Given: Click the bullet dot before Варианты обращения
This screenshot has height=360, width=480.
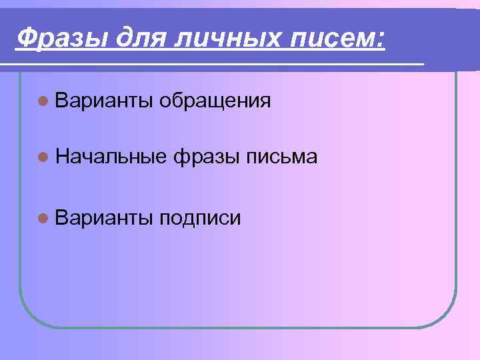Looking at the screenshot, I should [x=43, y=101].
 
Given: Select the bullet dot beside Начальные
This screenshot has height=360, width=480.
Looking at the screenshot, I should [x=43, y=157].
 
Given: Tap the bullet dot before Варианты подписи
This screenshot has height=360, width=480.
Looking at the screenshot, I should [x=43, y=218].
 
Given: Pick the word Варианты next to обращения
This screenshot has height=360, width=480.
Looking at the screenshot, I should [x=105, y=101].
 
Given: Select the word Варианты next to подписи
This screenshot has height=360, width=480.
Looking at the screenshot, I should [x=105, y=218].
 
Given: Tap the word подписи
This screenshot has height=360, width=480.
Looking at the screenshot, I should [x=201, y=219].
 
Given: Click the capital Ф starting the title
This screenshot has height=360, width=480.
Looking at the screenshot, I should [x=26, y=37].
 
